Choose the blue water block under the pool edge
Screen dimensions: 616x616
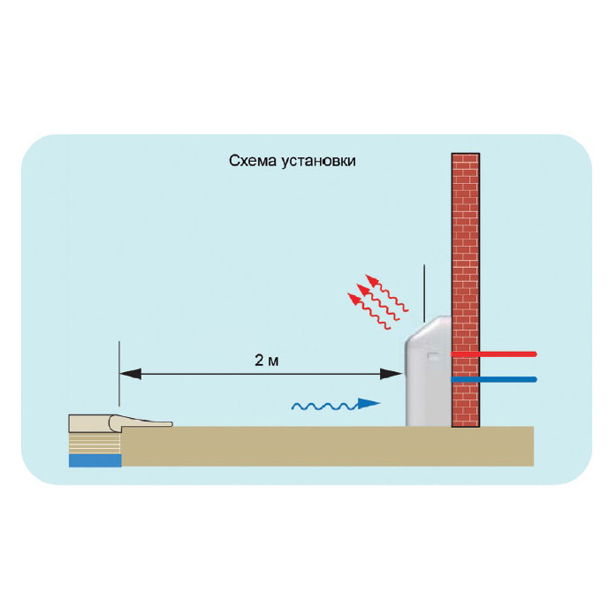click(93, 460)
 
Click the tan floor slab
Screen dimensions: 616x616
click(336, 446)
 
